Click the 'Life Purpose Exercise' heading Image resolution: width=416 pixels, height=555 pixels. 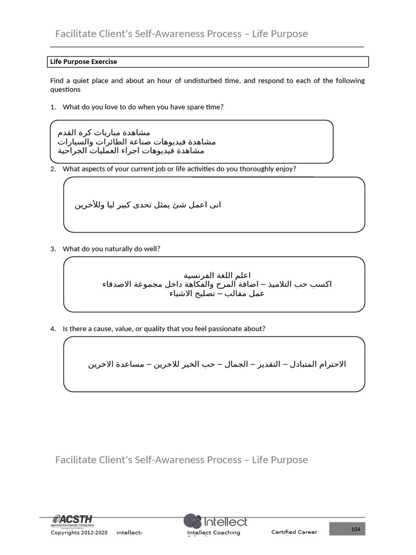point(83,62)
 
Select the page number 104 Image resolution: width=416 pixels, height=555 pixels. point(355,529)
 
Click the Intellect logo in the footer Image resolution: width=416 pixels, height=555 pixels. point(215,521)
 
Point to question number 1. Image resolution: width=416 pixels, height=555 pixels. point(53,107)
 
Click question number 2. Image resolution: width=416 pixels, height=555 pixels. point(53,169)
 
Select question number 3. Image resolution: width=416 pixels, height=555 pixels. point(53,249)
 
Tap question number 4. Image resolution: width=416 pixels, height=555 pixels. point(53,328)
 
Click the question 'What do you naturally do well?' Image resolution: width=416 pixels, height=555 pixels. point(112,249)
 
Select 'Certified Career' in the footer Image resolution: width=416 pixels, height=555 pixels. point(294,532)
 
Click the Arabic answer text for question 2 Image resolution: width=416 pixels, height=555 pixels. point(148,205)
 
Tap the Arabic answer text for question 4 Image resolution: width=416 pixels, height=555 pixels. point(217,364)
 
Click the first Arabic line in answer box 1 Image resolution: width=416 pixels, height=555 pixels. point(104,132)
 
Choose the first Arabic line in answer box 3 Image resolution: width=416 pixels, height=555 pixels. point(217,275)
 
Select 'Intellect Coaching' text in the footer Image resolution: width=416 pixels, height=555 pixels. point(213,532)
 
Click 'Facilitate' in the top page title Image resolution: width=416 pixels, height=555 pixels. point(74,34)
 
